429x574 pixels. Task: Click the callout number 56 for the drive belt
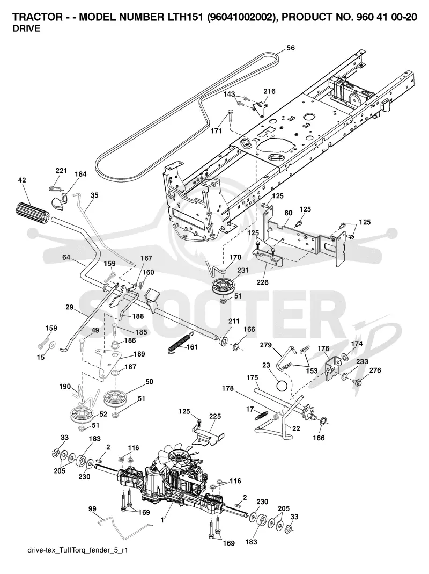[291, 48]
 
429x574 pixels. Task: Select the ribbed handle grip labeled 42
[31, 211]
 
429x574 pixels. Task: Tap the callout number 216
[270, 91]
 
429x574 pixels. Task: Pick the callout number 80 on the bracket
[288, 212]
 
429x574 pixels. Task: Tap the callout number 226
[262, 282]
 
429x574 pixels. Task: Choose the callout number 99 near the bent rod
[92, 509]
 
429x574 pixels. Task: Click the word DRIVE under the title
[26, 30]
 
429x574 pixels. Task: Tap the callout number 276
[375, 370]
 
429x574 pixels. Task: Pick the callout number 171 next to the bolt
[216, 130]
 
